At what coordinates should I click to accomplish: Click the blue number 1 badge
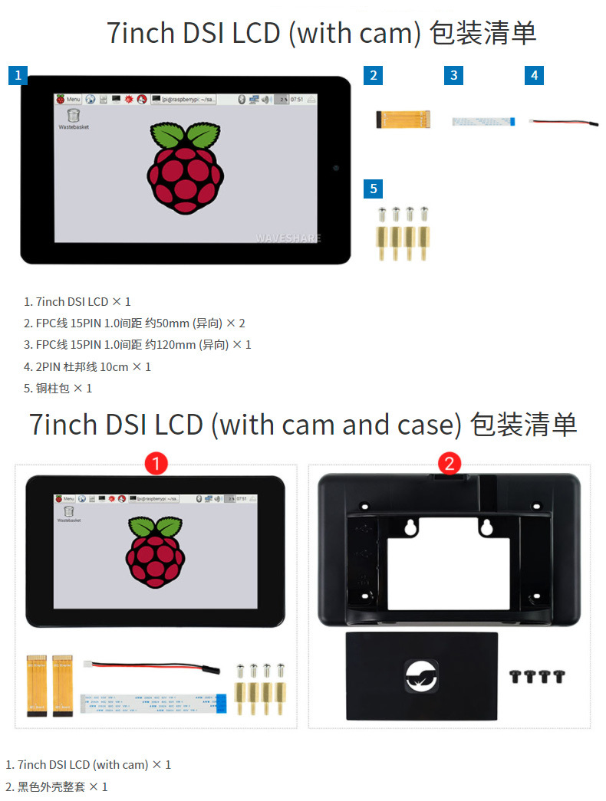[18, 76]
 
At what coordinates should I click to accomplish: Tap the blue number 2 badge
[373, 75]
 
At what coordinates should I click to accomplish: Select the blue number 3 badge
[454, 75]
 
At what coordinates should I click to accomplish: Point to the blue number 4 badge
[535, 75]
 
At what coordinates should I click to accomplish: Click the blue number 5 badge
[373, 189]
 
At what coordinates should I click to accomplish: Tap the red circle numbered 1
[156, 463]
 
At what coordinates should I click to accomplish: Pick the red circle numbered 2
[449, 463]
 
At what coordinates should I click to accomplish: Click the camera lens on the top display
[335, 167]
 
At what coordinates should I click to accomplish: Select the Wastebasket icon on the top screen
[73, 117]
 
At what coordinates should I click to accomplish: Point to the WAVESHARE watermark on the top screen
[288, 238]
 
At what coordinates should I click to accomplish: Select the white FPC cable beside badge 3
[483, 121]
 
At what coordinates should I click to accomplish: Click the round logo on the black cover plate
[421, 675]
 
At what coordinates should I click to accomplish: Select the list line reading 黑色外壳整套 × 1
[57, 786]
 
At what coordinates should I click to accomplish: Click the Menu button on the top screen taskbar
[68, 100]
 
